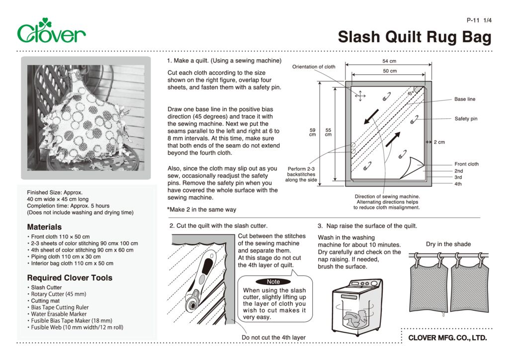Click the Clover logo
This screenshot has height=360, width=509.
point(51,31)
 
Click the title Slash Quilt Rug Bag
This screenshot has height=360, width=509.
point(415,37)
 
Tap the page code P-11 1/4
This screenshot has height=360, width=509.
point(479,20)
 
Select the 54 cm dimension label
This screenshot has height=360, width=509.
point(389,61)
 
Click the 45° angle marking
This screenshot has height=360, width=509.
point(411,93)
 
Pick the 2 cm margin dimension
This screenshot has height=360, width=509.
point(439,142)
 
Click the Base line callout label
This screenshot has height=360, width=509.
point(464,99)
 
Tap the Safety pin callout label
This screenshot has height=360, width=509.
point(465,119)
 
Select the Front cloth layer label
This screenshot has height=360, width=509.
point(466,164)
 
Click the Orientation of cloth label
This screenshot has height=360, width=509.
point(314,67)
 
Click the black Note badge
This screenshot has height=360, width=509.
point(273,281)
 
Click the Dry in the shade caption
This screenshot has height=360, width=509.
point(448,244)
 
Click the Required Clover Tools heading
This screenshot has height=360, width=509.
point(70,277)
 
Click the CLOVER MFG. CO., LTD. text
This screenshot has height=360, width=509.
point(447,338)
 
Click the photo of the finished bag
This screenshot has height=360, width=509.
point(85,118)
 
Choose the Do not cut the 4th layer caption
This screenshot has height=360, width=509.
point(273,338)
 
